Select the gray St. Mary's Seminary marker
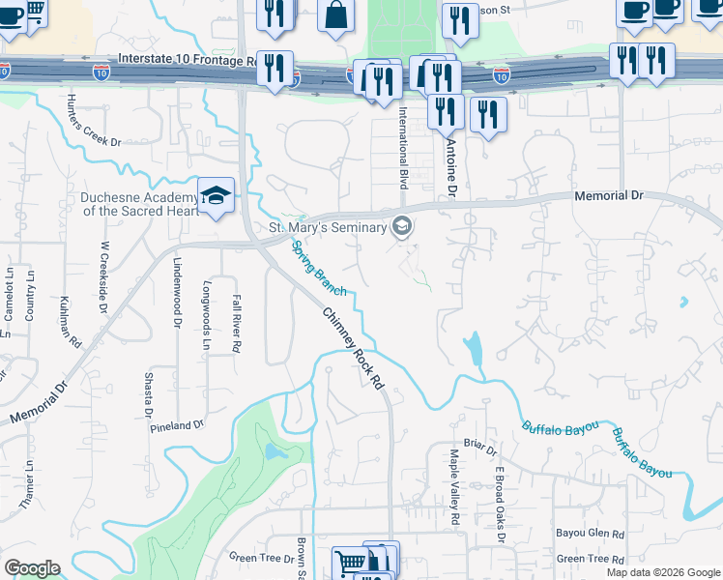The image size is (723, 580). (402, 227)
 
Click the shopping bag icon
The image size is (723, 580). (335, 16)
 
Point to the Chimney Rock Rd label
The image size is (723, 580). (353, 348)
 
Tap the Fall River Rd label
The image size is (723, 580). (236, 324)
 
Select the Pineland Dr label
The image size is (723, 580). (176, 424)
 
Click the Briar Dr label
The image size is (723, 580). (479, 449)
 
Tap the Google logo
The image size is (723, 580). (32, 568)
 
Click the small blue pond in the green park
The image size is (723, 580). (273, 451)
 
